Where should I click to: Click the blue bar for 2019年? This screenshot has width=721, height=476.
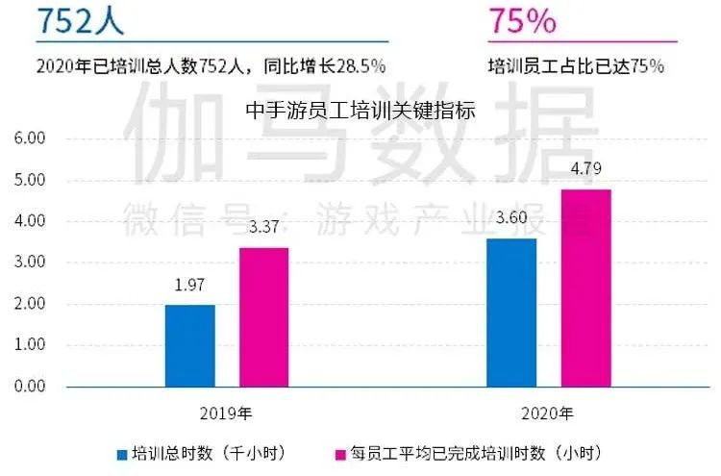click(x=189, y=345)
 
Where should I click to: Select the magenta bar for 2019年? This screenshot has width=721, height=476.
click(x=263, y=316)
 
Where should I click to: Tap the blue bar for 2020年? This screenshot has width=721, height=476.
click(x=511, y=312)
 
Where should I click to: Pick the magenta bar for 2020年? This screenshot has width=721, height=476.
click(x=585, y=288)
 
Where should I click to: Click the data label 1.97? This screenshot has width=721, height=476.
click(x=189, y=287)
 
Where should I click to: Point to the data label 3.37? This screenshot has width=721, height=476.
click(x=263, y=229)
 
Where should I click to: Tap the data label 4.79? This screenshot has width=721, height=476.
click(x=585, y=170)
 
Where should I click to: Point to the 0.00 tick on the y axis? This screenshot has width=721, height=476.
click(x=30, y=386)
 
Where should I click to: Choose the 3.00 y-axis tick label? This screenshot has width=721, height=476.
click(x=30, y=262)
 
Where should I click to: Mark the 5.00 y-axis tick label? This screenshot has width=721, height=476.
click(x=30, y=180)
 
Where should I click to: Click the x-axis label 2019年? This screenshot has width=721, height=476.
click(x=227, y=414)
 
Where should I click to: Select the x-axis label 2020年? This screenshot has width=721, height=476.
click(x=549, y=414)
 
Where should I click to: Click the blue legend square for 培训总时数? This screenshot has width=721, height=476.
click(x=122, y=452)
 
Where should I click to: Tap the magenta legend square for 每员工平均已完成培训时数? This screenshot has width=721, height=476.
click(x=337, y=452)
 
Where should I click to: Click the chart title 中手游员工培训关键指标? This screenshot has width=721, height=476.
click(x=360, y=111)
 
